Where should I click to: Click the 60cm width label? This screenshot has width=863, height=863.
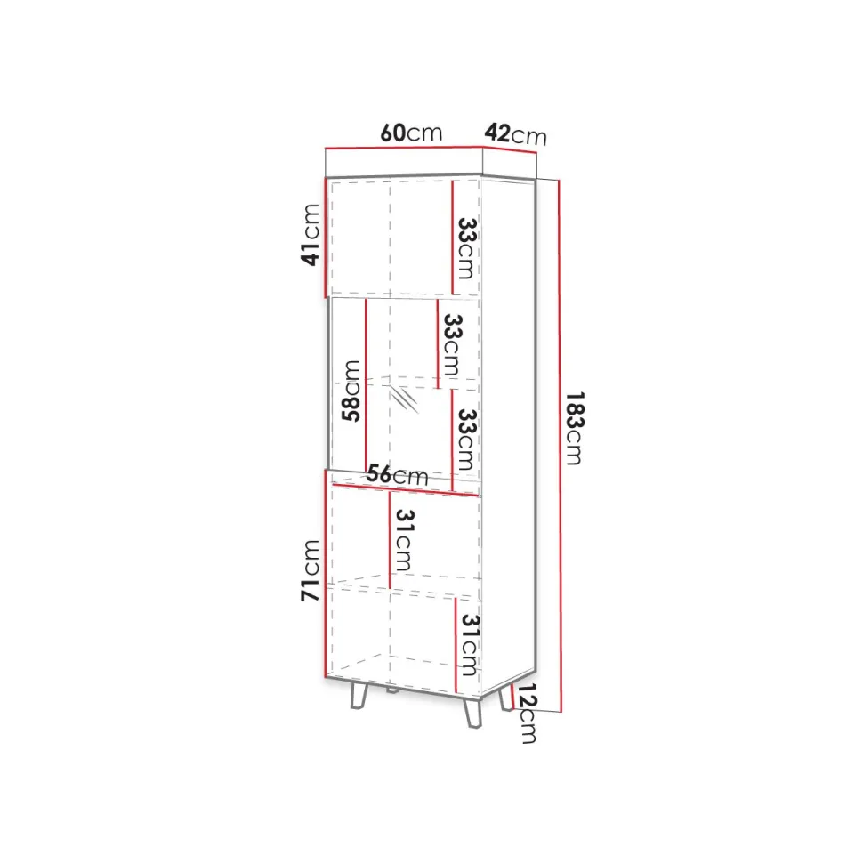pyautogui.click(x=411, y=133)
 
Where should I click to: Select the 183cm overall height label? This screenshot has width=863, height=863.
pyautogui.click(x=574, y=428)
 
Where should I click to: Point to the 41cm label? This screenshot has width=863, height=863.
pyautogui.click(x=310, y=235)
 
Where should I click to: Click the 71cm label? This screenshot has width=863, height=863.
pyautogui.click(x=310, y=570)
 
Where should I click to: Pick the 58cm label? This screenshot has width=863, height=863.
pyautogui.click(x=351, y=391)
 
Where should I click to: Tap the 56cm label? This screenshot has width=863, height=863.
pyautogui.click(x=398, y=474)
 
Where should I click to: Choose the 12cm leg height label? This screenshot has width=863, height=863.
pyautogui.click(x=526, y=714)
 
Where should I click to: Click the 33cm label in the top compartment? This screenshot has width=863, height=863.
pyautogui.click(x=467, y=248)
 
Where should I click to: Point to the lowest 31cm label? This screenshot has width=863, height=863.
pyautogui.click(x=469, y=644)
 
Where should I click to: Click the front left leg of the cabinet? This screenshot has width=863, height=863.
pyautogui.click(x=359, y=697)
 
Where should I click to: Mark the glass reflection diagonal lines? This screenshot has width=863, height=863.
pyautogui.click(x=404, y=399)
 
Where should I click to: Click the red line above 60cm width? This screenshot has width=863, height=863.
pyautogui.click(x=403, y=148)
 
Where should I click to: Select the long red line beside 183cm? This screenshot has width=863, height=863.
pyautogui.click(x=561, y=446)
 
